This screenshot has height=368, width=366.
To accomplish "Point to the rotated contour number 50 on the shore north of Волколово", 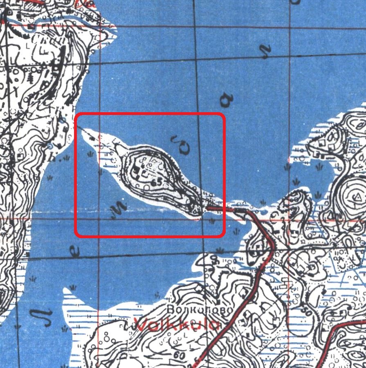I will (214, 259).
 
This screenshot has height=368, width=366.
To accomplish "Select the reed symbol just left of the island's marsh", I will (90, 154).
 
